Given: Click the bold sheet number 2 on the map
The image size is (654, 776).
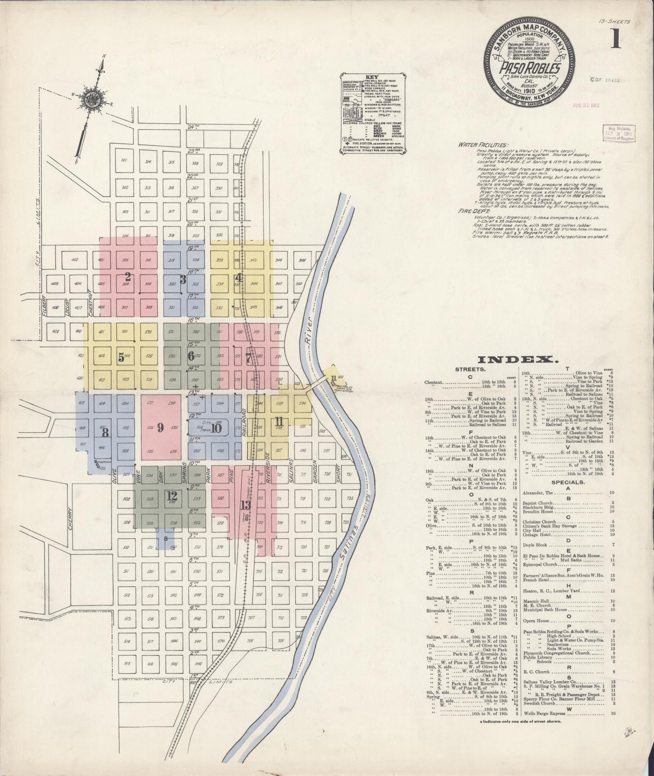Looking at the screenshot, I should click(128, 276).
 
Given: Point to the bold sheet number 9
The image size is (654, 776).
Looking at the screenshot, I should click(160, 428).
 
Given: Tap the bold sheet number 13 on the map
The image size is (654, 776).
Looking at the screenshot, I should click(245, 505).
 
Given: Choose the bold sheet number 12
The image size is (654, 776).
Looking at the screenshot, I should click(172, 497).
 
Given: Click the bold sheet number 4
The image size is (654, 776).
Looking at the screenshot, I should click(238, 278).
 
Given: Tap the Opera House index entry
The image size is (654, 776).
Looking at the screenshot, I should click(536, 621).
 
